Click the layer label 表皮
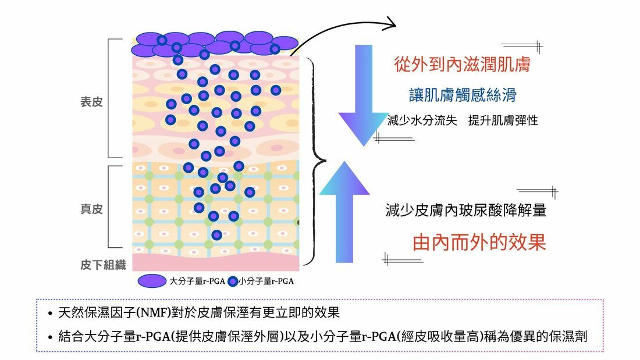91,102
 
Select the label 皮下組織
103,265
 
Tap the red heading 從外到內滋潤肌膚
462,64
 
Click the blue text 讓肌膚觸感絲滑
462,95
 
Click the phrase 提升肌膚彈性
503,121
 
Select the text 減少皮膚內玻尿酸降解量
465,211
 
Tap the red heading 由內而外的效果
479,242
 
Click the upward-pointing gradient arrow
344,212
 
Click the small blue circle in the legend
233,281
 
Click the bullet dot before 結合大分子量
51,338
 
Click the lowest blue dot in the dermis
216,235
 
